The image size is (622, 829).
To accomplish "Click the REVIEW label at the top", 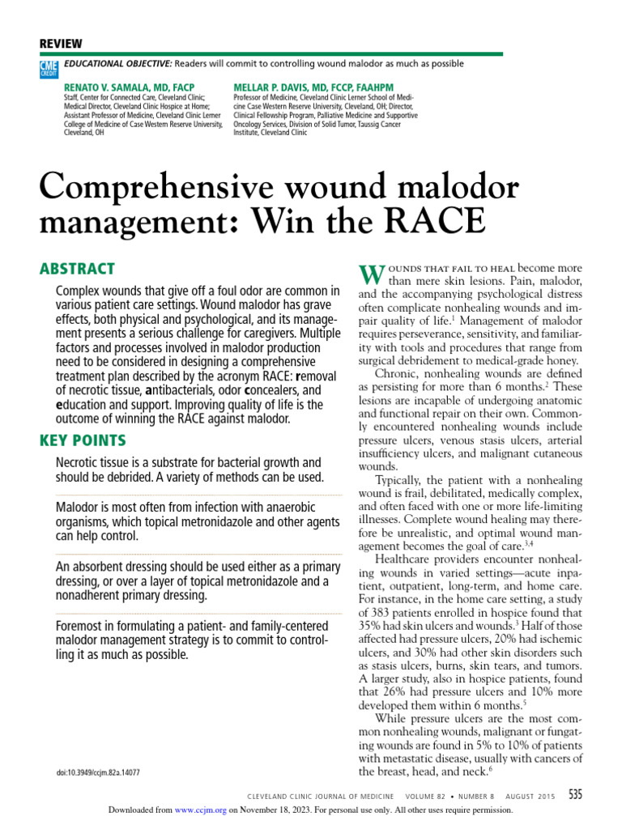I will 61,44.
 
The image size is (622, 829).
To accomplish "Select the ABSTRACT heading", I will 77,269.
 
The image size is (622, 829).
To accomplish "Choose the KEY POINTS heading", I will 83,440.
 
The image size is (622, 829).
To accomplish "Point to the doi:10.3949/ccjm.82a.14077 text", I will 98,772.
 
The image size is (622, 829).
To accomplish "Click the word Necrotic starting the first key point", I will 79,463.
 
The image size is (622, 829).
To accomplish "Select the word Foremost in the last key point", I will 81,627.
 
